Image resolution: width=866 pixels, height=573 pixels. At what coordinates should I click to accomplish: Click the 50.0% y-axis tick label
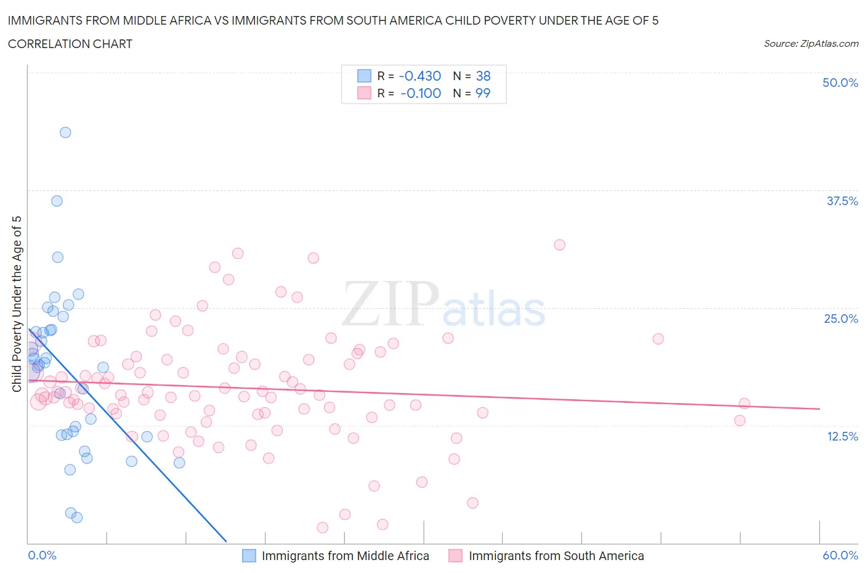840,83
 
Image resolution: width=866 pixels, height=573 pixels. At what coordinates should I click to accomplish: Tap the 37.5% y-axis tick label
842,201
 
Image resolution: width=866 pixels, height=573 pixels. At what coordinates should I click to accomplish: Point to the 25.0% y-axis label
841,319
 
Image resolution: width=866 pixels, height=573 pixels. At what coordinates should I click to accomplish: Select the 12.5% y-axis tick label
842,436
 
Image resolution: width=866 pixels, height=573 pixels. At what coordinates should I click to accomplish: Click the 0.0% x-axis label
42,555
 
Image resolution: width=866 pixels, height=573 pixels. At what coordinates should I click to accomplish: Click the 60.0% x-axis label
840,555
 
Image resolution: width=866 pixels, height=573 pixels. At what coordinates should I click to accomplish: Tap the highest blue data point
65,132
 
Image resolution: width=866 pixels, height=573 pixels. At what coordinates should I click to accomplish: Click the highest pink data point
559,245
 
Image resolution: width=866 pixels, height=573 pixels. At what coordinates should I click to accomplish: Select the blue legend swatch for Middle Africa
249,556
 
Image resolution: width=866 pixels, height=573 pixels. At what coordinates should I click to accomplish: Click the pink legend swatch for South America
455,556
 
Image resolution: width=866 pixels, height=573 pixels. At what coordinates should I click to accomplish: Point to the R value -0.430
419,76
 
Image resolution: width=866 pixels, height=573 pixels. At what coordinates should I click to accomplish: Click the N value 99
483,93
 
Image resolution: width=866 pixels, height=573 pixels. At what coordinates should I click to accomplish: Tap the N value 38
483,76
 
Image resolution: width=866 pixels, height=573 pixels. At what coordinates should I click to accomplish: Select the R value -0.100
420,93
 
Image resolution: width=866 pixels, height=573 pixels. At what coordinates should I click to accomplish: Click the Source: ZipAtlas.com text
811,44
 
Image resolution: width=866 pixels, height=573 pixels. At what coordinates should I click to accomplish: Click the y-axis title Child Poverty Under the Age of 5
17,304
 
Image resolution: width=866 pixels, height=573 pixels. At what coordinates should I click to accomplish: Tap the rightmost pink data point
744,404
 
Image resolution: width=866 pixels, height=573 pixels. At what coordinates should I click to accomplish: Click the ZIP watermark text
390,304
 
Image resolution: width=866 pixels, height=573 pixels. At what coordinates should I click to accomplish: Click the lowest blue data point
77,518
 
